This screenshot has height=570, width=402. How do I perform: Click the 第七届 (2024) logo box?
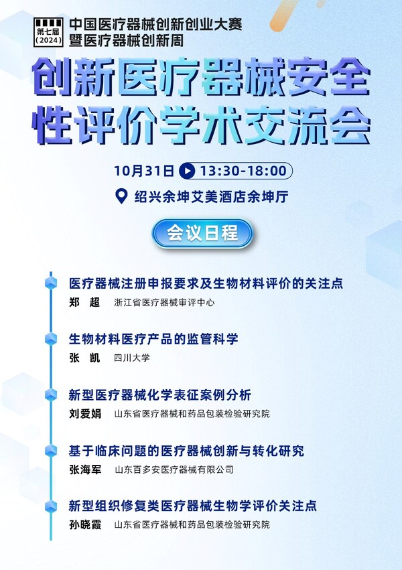tap(48, 32)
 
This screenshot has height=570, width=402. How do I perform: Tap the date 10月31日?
tap(144, 171)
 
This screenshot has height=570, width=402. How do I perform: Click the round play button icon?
tap(187, 171)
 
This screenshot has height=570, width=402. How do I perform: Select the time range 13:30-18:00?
tap(243, 171)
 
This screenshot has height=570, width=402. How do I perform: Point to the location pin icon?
tap(121, 196)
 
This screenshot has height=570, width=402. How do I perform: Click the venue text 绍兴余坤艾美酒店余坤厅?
tap(212, 197)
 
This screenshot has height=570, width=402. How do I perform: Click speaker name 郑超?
tap(84, 302)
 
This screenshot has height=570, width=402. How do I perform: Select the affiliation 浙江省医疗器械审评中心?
tap(164, 303)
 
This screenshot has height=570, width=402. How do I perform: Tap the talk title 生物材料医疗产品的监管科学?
tap(153, 339)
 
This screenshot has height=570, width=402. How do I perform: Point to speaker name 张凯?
tap(84, 358)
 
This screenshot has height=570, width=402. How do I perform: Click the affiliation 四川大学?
tap(132, 358)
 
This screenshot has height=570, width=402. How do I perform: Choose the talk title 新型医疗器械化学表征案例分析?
tap(160, 395)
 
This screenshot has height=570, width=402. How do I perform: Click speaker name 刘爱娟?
tap(85, 414)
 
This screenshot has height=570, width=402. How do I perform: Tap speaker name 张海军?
tap(85, 470)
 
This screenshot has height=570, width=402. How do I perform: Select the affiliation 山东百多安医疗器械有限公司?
tap(174, 470)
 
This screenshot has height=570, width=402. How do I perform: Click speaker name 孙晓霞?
tap(85, 524)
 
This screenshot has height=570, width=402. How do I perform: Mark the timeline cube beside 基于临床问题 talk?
tap(51, 451)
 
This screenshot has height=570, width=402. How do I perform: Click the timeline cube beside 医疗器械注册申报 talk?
tap(51, 283)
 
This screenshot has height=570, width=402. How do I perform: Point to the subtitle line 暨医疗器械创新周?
tap(126, 40)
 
